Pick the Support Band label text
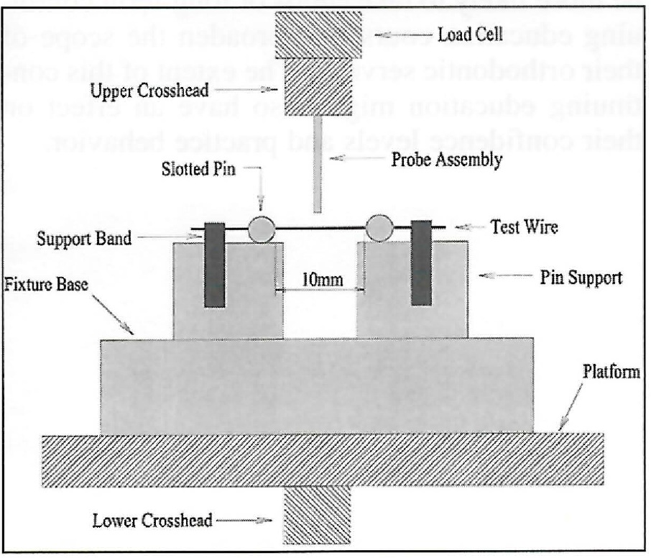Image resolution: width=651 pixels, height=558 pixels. pyautogui.click(x=84, y=237)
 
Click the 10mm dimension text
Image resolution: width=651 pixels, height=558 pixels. pyautogui.click(x=320, y=279)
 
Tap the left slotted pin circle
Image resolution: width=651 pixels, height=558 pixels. pyautogui.click(x=262, y=229)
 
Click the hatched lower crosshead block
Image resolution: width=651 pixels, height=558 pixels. pyautogui.click(x=318, y=516)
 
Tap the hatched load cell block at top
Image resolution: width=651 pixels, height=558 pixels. pyautogui.click(x=317, y=35)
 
